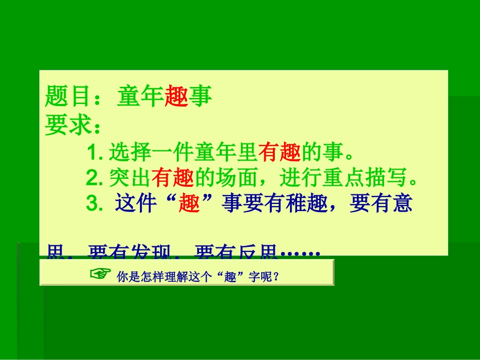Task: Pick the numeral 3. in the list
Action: [x=95, y=204]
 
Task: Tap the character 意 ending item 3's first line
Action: [x=402, y=204]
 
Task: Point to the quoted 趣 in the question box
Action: [x=231, y=277]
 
